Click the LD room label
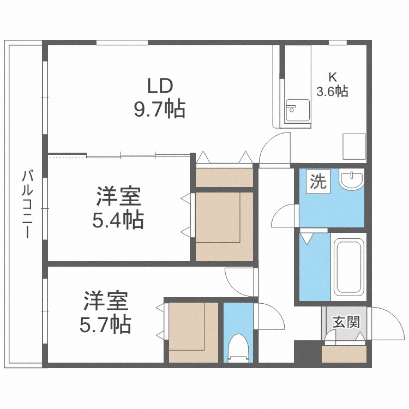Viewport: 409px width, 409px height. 160,86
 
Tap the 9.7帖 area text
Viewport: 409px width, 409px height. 160,109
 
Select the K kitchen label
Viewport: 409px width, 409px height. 333,77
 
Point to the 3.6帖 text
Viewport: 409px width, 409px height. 332,91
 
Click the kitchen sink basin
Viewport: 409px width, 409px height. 297,110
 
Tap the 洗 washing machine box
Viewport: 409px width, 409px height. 318,181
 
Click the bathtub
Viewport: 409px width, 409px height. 349,267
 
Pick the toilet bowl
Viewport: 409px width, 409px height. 238,348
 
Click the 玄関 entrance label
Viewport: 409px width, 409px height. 346,322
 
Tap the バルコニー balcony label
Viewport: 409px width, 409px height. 27,204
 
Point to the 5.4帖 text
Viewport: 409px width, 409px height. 118,220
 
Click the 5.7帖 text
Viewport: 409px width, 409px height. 105,324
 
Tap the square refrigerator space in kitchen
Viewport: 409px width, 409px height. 354,147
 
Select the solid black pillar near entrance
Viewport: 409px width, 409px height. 308,351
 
